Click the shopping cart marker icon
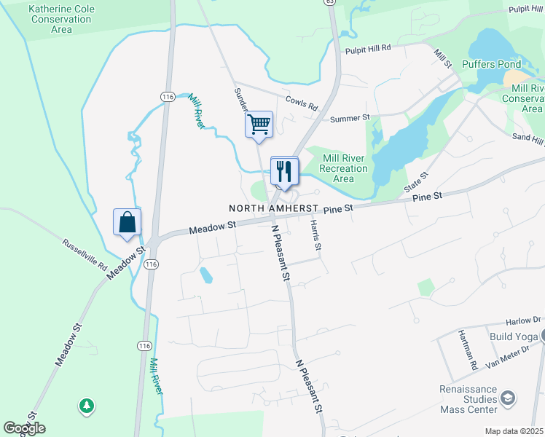tap(259, 125)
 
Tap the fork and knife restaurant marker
tap(283, 171)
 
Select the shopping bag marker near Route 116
tap(127, 222)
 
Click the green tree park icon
tap(87, 405)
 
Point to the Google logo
tap(24, 428)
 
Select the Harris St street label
tap(315, 236)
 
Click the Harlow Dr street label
tap(523, 320)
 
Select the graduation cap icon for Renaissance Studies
tap(508, 398)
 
